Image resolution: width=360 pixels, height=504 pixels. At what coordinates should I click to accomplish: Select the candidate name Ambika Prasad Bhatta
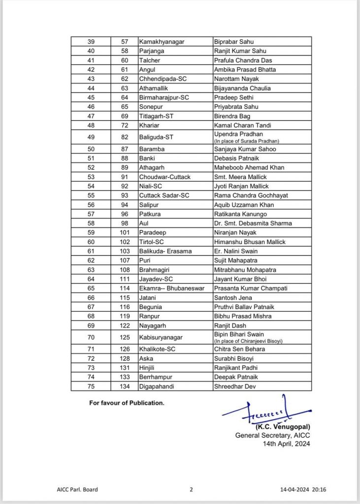coord(245,70)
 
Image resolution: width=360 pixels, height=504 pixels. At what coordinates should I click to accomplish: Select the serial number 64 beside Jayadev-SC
coord(91,279)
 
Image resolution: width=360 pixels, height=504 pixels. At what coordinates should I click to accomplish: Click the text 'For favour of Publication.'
coord(127,403)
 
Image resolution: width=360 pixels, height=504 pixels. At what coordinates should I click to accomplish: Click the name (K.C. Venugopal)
coord(283,427)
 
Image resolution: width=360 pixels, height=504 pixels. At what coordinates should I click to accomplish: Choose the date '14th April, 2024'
coord(287,443)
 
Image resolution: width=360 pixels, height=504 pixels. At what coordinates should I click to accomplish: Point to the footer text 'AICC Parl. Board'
coord(77,490)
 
